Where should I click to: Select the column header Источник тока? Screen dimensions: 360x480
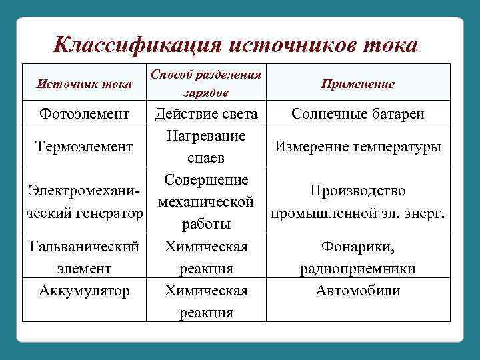tap(84, 84)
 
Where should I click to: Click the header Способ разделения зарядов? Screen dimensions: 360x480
tap(206, 83)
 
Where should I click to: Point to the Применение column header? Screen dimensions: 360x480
tap(357, 84)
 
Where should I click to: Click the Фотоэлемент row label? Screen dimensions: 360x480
tap(84, 114)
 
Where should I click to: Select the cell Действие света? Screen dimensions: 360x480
tap(206, 114)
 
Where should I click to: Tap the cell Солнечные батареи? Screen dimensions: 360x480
tap(358, 114)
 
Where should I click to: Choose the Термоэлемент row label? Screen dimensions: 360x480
tap(84, 146)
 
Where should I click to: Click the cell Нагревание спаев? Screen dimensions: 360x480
tap(206, 147)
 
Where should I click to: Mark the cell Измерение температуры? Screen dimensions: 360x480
tap(358, 146)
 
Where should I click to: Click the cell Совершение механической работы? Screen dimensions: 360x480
tap(206, 202)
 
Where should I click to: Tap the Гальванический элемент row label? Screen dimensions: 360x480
tap(84, 258)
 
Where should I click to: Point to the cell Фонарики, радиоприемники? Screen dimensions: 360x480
tap(358, 258)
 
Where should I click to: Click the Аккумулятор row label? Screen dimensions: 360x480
tap(84, 291)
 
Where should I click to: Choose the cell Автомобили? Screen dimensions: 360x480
tap(358, 291)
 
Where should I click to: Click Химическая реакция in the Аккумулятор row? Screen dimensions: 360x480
tap(206, 301)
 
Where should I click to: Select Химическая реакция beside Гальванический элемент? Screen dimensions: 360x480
tap(206, 258)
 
